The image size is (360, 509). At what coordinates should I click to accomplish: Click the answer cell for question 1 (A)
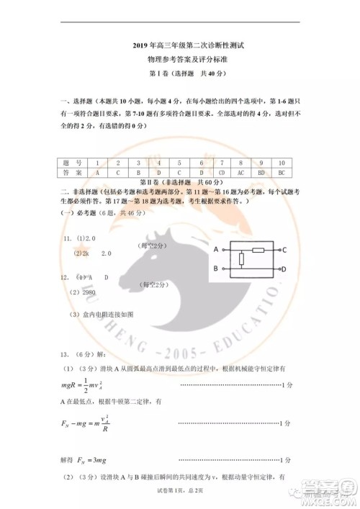96,174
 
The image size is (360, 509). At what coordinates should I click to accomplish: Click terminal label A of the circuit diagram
216,249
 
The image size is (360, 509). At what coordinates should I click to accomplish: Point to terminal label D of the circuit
284,269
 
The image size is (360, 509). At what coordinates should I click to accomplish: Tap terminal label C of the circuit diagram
284,250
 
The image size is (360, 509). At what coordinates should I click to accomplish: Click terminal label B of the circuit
216,269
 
